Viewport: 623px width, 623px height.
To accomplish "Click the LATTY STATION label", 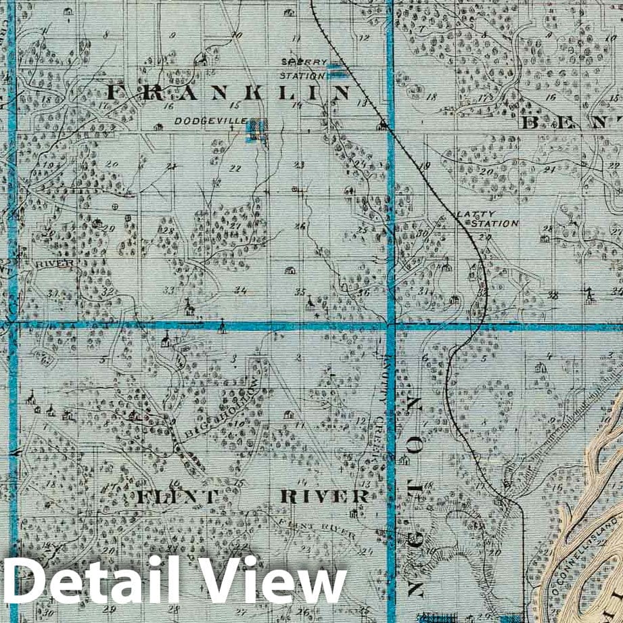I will coord(488,218).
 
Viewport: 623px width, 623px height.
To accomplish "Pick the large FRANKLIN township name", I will coord(229,92).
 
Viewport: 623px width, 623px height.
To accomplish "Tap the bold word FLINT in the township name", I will coord(177,497).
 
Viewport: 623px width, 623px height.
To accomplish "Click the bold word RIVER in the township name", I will coord(325,497).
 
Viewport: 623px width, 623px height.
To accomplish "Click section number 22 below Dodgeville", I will coord(236,168).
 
